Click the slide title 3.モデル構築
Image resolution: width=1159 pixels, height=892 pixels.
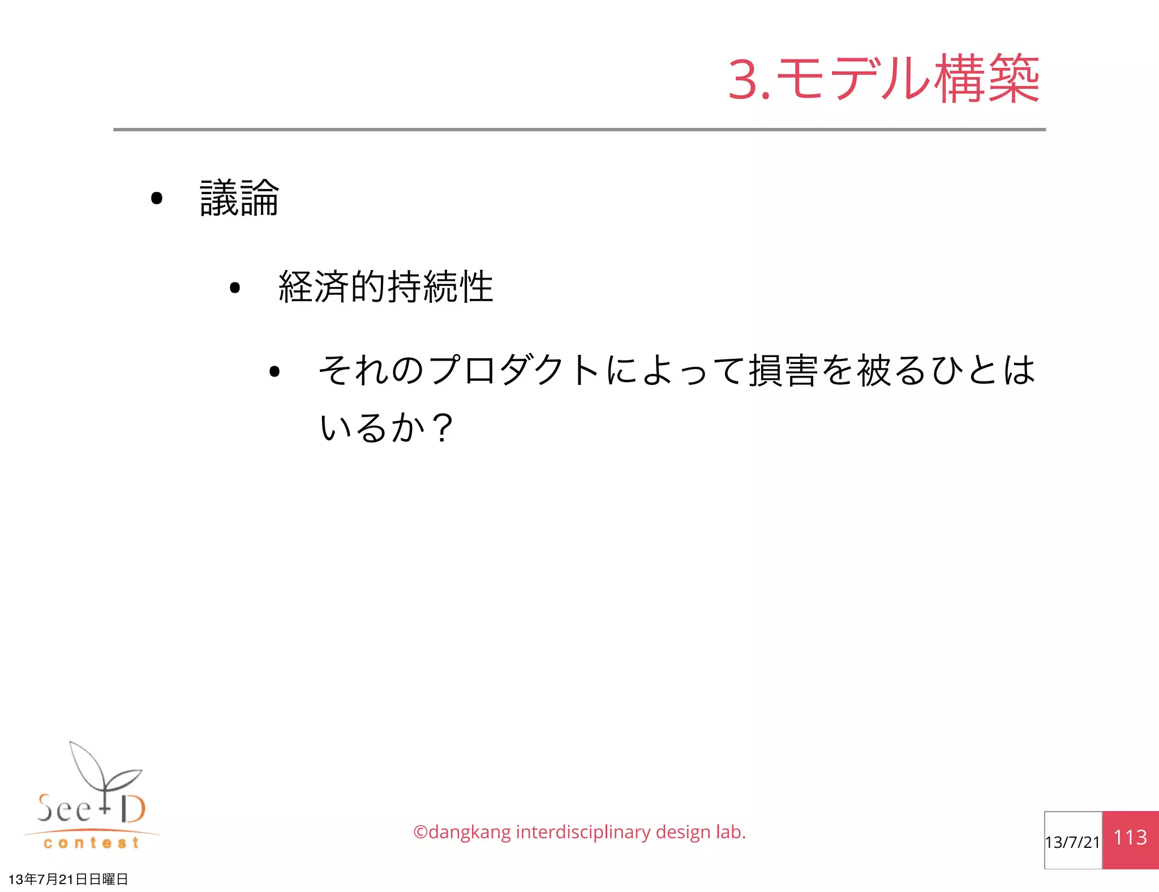click(884, 79)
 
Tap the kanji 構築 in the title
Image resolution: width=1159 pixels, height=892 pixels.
click(987, 79)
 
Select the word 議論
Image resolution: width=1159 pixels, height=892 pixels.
click(239, 198)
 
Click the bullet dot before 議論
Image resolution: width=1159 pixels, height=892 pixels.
click(157, 198)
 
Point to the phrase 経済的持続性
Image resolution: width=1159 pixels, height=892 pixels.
click(386, 287)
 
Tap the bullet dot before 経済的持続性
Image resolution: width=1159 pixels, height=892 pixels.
click(235, 288)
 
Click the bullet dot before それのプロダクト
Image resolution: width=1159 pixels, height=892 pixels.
click(274, 372)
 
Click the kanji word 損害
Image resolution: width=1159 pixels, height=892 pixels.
click(784, 371)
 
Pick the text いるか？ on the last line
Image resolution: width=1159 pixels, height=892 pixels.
click(386, 427)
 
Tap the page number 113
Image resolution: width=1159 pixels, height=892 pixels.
click(1130, 838)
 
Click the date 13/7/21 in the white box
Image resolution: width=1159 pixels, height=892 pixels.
click(1072, 842)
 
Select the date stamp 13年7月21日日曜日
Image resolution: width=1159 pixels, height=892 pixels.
click(68, 879)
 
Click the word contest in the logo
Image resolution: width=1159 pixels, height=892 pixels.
click(91, 843)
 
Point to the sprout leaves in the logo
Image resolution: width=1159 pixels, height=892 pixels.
click(105, 767)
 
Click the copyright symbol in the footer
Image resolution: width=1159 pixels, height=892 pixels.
click(420, 833)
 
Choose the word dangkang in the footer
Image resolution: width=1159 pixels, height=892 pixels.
click(470, 833)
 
